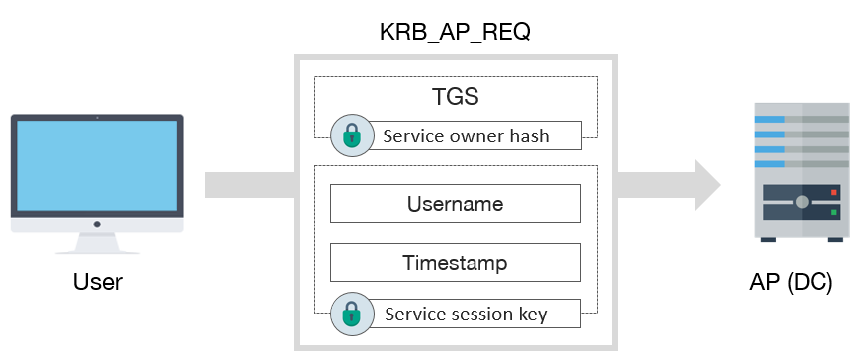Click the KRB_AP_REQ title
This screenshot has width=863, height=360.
pyautogui.click(x=455, y=32)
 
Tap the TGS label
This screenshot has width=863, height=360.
pyautogui.click(x=456, y=99)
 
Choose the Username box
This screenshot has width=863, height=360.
pyautogui.click(x=455, y=204)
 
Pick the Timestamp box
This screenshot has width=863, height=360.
pyautogui.click(x=455, y=263)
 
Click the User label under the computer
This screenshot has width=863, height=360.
pyautogui.click(x=97, y=283)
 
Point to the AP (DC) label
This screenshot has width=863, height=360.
pyautogui.click(x=791, y=283)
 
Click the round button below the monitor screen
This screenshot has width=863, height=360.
pyautogui.click(x=97, y=224)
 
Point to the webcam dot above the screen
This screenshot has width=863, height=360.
pyautogui.click(x=97, y=118)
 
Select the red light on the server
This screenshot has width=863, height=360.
pyautogui.click(x=834, y=192)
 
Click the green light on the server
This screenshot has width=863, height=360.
pyautogui.click(x=834, y=211)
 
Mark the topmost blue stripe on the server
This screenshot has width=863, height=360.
pyautogui.click(x=770, y=119)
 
